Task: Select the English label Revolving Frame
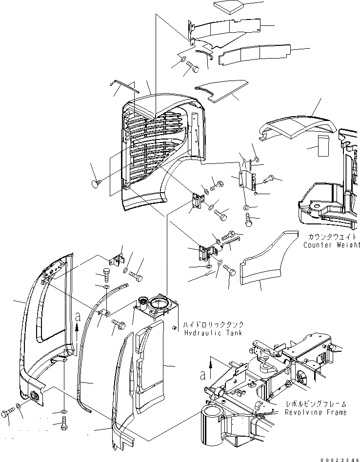coord(317,412)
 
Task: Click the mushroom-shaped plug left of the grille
coord(95,183)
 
